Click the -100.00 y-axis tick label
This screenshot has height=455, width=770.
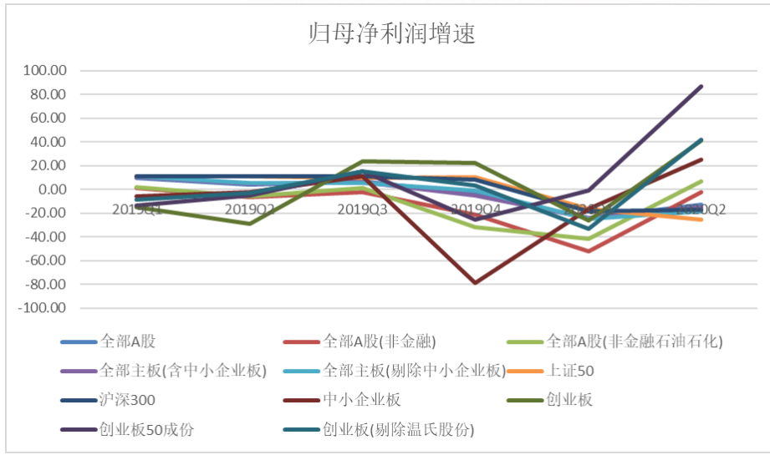[41, 308]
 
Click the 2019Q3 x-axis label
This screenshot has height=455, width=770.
[362, 209]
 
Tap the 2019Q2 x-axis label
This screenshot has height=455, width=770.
[250, 209]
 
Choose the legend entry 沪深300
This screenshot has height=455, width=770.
[126, 399]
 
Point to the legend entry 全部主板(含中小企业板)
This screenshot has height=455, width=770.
[182, 370]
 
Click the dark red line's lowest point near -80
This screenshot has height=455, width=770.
[476, 283]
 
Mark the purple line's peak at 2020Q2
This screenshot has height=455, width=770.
[701, 86]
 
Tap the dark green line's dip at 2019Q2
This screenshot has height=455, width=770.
[249, 223]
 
